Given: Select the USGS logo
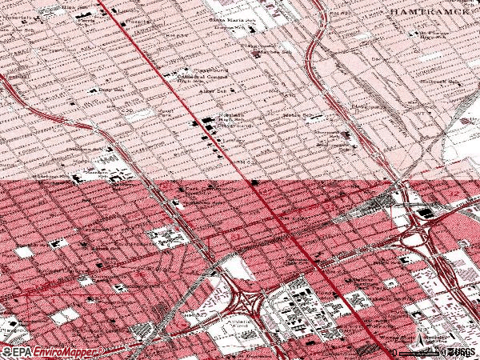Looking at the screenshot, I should click(459, 352).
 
